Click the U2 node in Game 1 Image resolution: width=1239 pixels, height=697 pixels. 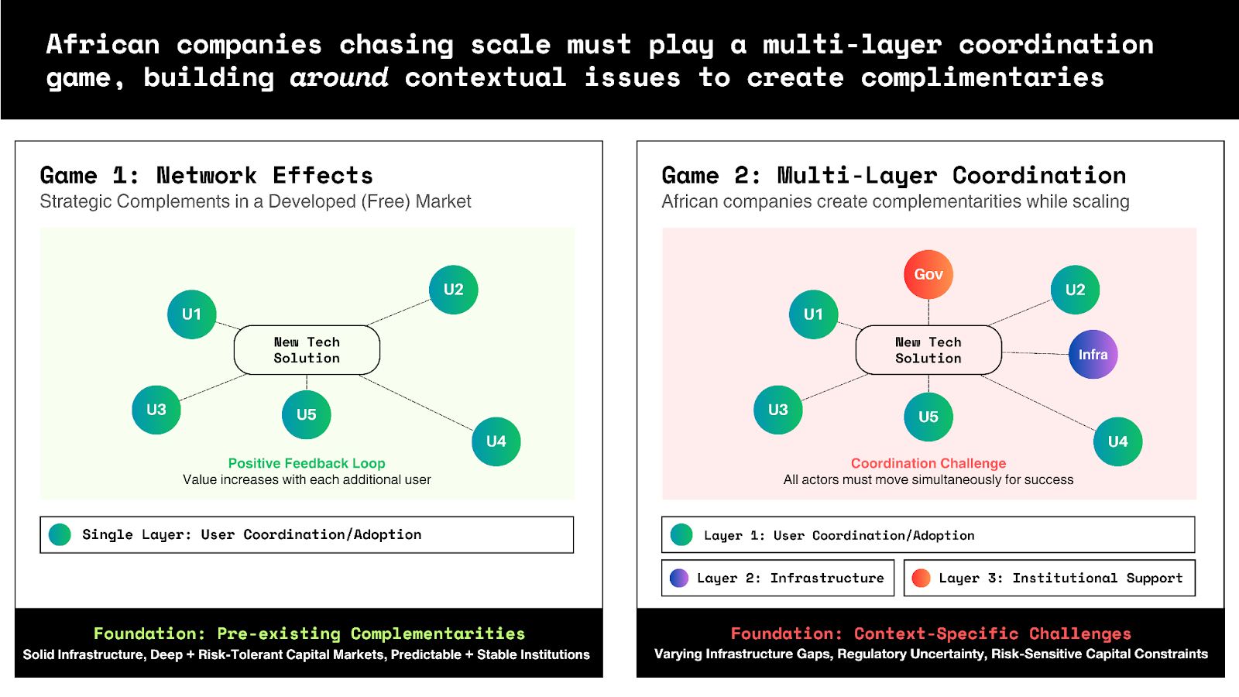pyautogui.click(x=454, y=290)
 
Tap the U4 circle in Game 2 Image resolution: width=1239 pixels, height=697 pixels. pyautogui.click(x=1118, y=441)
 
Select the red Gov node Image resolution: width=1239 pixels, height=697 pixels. pyautogui.click(x=928, y=274)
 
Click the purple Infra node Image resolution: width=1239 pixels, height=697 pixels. pyautogui.click(x=1093, y=355)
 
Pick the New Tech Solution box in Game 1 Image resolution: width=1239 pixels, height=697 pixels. pyautogui.click(x=307, y=350)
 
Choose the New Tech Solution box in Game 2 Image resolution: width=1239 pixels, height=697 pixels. pyautogui.click(x=928, y=350)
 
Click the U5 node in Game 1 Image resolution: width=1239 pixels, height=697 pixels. pyautogui.click(x=307, y=415)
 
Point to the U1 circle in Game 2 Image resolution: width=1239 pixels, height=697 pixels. pyautogui.click(x=813, y=314)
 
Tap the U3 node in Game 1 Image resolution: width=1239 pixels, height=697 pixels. pyautogui.click(x=156, y=410)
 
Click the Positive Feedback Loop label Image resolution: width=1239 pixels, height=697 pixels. pyautogui.click(x=307, y=463)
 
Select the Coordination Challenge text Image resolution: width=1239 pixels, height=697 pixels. pyautogui.click(x=928, y=463)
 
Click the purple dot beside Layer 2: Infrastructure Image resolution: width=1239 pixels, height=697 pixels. pyautogui.click(x=679, y=578)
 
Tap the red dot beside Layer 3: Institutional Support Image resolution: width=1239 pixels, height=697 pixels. pyautogui.click(x=921, y=578)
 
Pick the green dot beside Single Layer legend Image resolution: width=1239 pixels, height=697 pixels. pyautogui.click(x=60, y=535)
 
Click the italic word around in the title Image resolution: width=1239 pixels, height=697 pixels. pyautogui.click(x=339, y=77)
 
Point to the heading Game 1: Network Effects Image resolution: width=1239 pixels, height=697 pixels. pyautogui.click(x=206, y=175)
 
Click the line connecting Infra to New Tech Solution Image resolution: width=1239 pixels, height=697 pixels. pyautogui.click(x=1035, y=353)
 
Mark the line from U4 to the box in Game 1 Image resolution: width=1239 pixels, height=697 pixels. pyautogui.click(x=416, y=403)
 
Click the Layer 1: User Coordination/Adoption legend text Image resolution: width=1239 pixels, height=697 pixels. pyautogui.click(x=839, y=535)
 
